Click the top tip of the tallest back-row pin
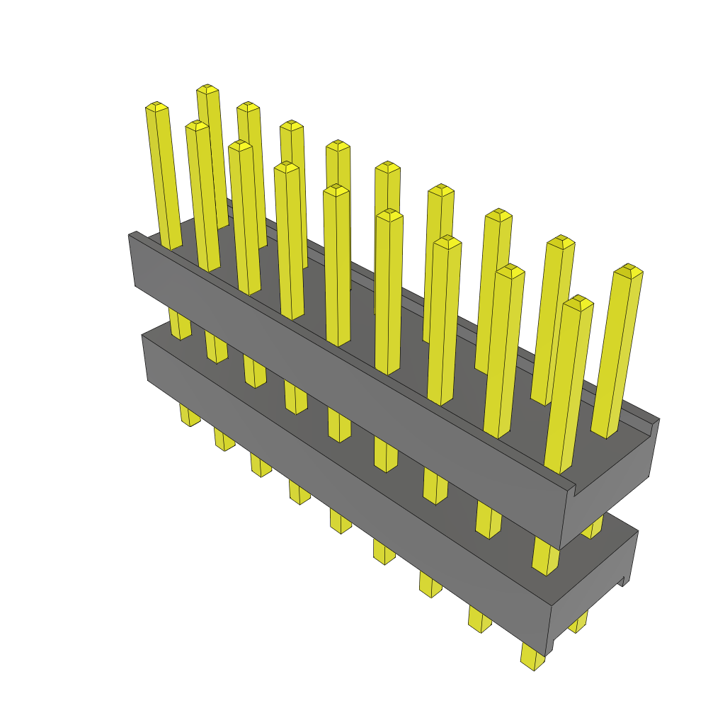[207, 89]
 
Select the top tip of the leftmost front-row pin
[157, 107]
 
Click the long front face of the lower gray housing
[340, 481]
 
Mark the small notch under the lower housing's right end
[624, 581]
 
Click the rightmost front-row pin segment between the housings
[544, 556]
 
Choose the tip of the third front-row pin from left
[241, 145]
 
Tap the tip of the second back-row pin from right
[561, 241]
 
